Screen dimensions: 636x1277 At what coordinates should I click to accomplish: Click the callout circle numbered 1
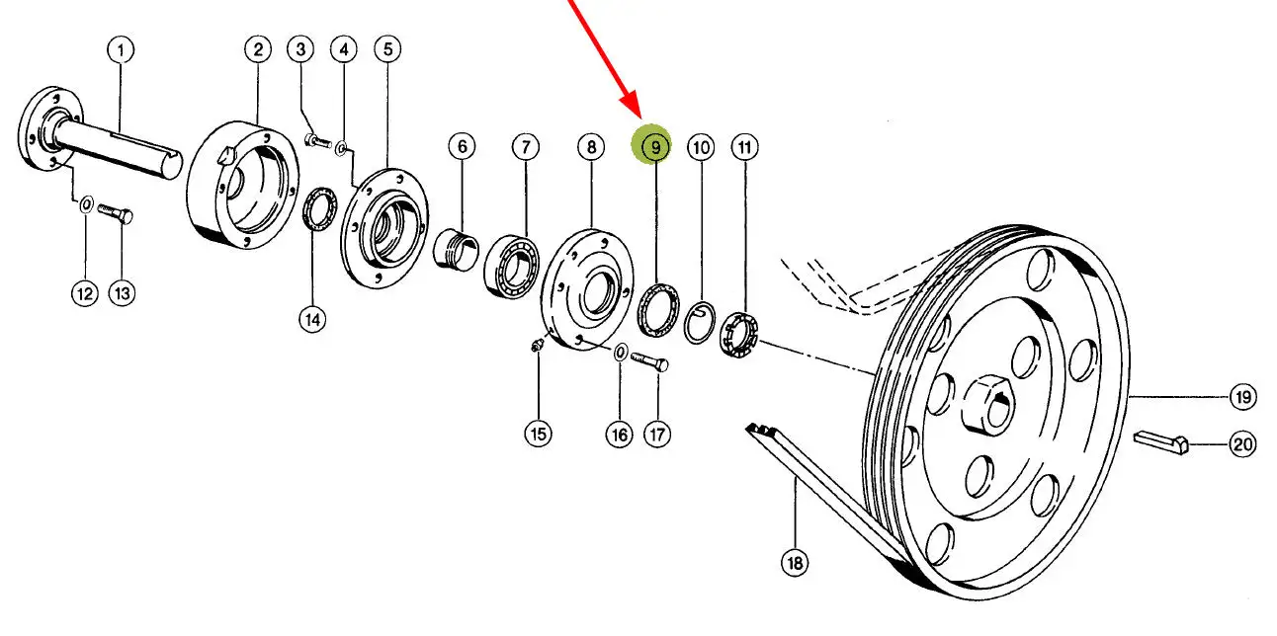pos(121,49)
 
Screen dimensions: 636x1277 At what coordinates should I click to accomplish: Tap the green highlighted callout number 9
pos(651,147)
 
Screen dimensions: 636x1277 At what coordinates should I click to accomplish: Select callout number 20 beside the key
pos(1242,445)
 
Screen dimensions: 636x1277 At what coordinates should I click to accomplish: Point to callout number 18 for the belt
pos(795,563)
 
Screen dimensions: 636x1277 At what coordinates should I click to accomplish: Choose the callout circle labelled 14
pos(312,319)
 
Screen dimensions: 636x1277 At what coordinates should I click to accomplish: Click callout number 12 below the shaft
pos(85,293)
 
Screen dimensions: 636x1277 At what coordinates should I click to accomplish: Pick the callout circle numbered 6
pos(461,147)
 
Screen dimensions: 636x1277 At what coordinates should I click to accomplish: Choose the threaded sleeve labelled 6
pos(456,251)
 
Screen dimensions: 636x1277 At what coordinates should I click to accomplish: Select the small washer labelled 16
pos(620,353)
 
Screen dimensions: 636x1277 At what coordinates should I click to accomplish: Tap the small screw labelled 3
pos(315,142)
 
